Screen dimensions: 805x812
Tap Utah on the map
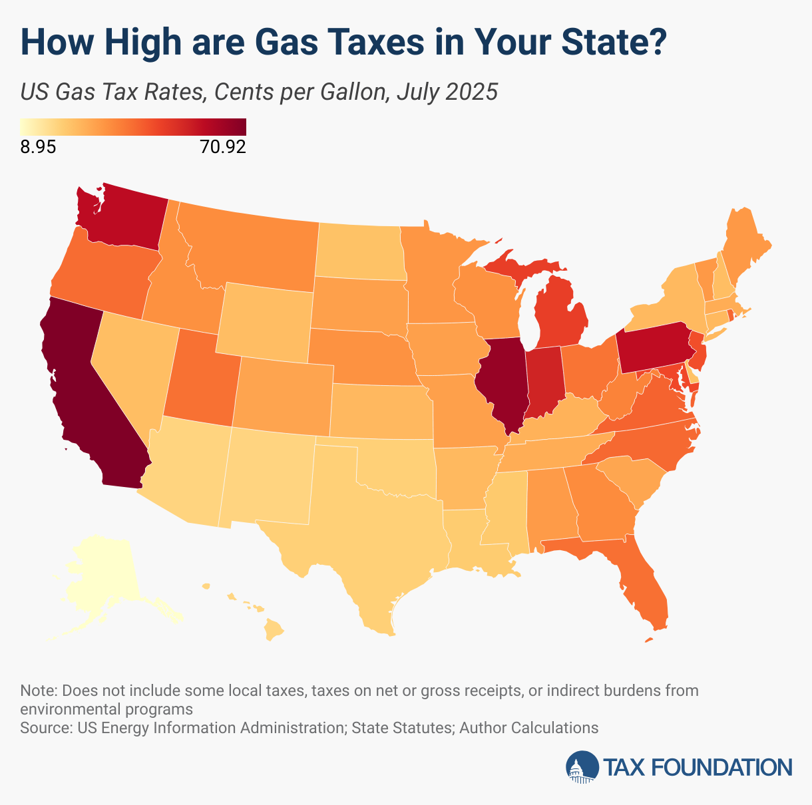(x=200, y=379)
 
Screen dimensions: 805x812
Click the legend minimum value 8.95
(x=38, y=147)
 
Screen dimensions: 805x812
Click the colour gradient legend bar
(x=132, y=126)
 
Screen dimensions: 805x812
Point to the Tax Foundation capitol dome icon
(x=582, y=767)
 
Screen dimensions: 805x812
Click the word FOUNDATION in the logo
(x=721, y=767)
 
